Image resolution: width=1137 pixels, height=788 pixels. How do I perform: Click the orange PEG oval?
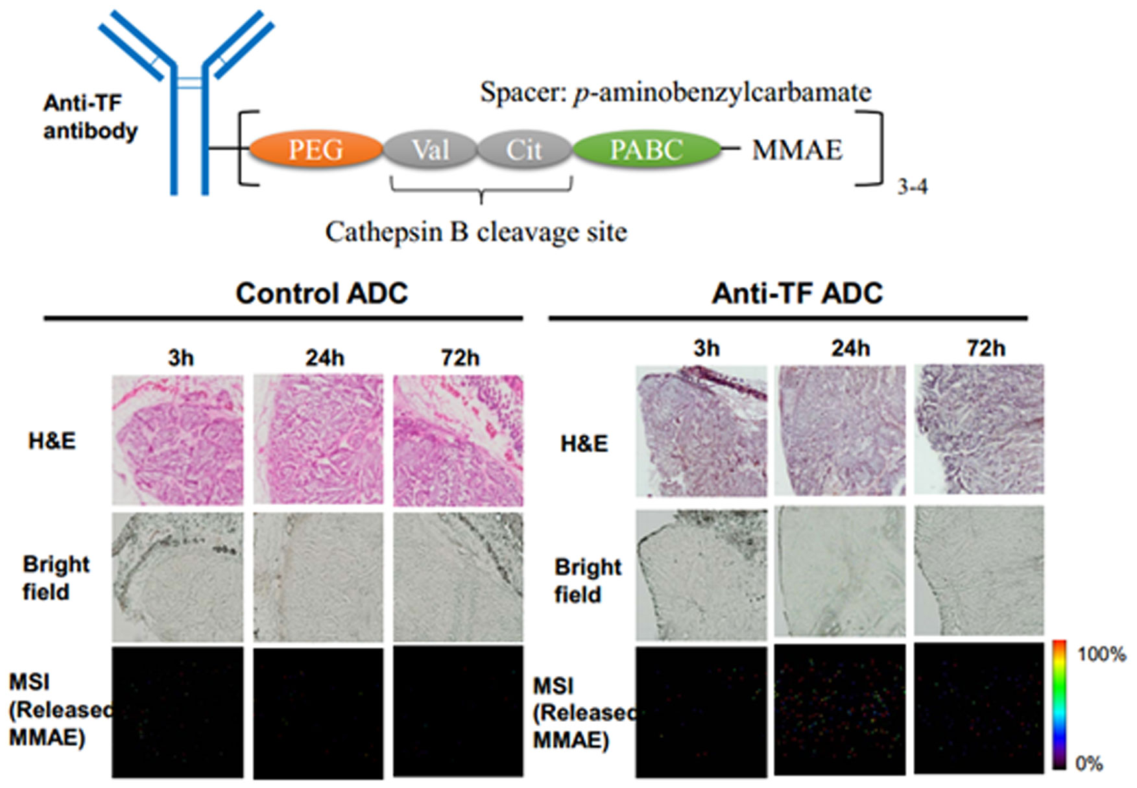(x=316, y=150)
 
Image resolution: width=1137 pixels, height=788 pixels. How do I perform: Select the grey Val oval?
(x=430, y=150)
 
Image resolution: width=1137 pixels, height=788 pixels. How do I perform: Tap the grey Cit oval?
(x=523, y=150)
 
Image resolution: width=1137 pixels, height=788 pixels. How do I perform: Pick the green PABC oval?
(x=646, y=150)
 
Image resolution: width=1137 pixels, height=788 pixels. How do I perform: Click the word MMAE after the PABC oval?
(x=797, y=150)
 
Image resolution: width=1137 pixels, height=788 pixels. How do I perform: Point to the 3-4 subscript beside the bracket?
(x=912, y=187)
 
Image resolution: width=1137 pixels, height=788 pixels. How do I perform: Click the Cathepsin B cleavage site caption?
(x=476, y=232)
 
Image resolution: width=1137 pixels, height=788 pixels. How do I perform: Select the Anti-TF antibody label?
(x=90, y=117)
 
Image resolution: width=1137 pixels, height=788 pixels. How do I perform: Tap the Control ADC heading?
(x=322, y=293)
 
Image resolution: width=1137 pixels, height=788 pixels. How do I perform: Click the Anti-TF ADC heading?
(x=797, y=293)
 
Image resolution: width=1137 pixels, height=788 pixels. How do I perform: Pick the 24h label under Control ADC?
(x=324, y=357)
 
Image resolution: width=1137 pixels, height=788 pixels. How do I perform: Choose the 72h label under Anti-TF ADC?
(x=986, y=348)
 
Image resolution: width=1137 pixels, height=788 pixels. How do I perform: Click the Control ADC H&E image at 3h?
(x=178, y=440)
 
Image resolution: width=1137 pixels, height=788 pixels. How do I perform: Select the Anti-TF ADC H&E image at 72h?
(x=979, y=429)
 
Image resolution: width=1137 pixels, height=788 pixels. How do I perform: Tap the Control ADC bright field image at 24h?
(x=318, y=577)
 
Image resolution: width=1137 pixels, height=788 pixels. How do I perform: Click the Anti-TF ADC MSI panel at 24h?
(x=840, y=710)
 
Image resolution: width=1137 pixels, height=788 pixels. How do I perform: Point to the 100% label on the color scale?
(x=1101, y=654)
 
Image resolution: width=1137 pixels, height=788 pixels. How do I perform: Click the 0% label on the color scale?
(x=1089, y=763)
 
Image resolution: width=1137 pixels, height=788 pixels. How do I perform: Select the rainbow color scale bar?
(x=1059, y=705)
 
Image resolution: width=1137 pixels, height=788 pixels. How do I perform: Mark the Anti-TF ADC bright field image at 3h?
(x=701, y=575)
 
